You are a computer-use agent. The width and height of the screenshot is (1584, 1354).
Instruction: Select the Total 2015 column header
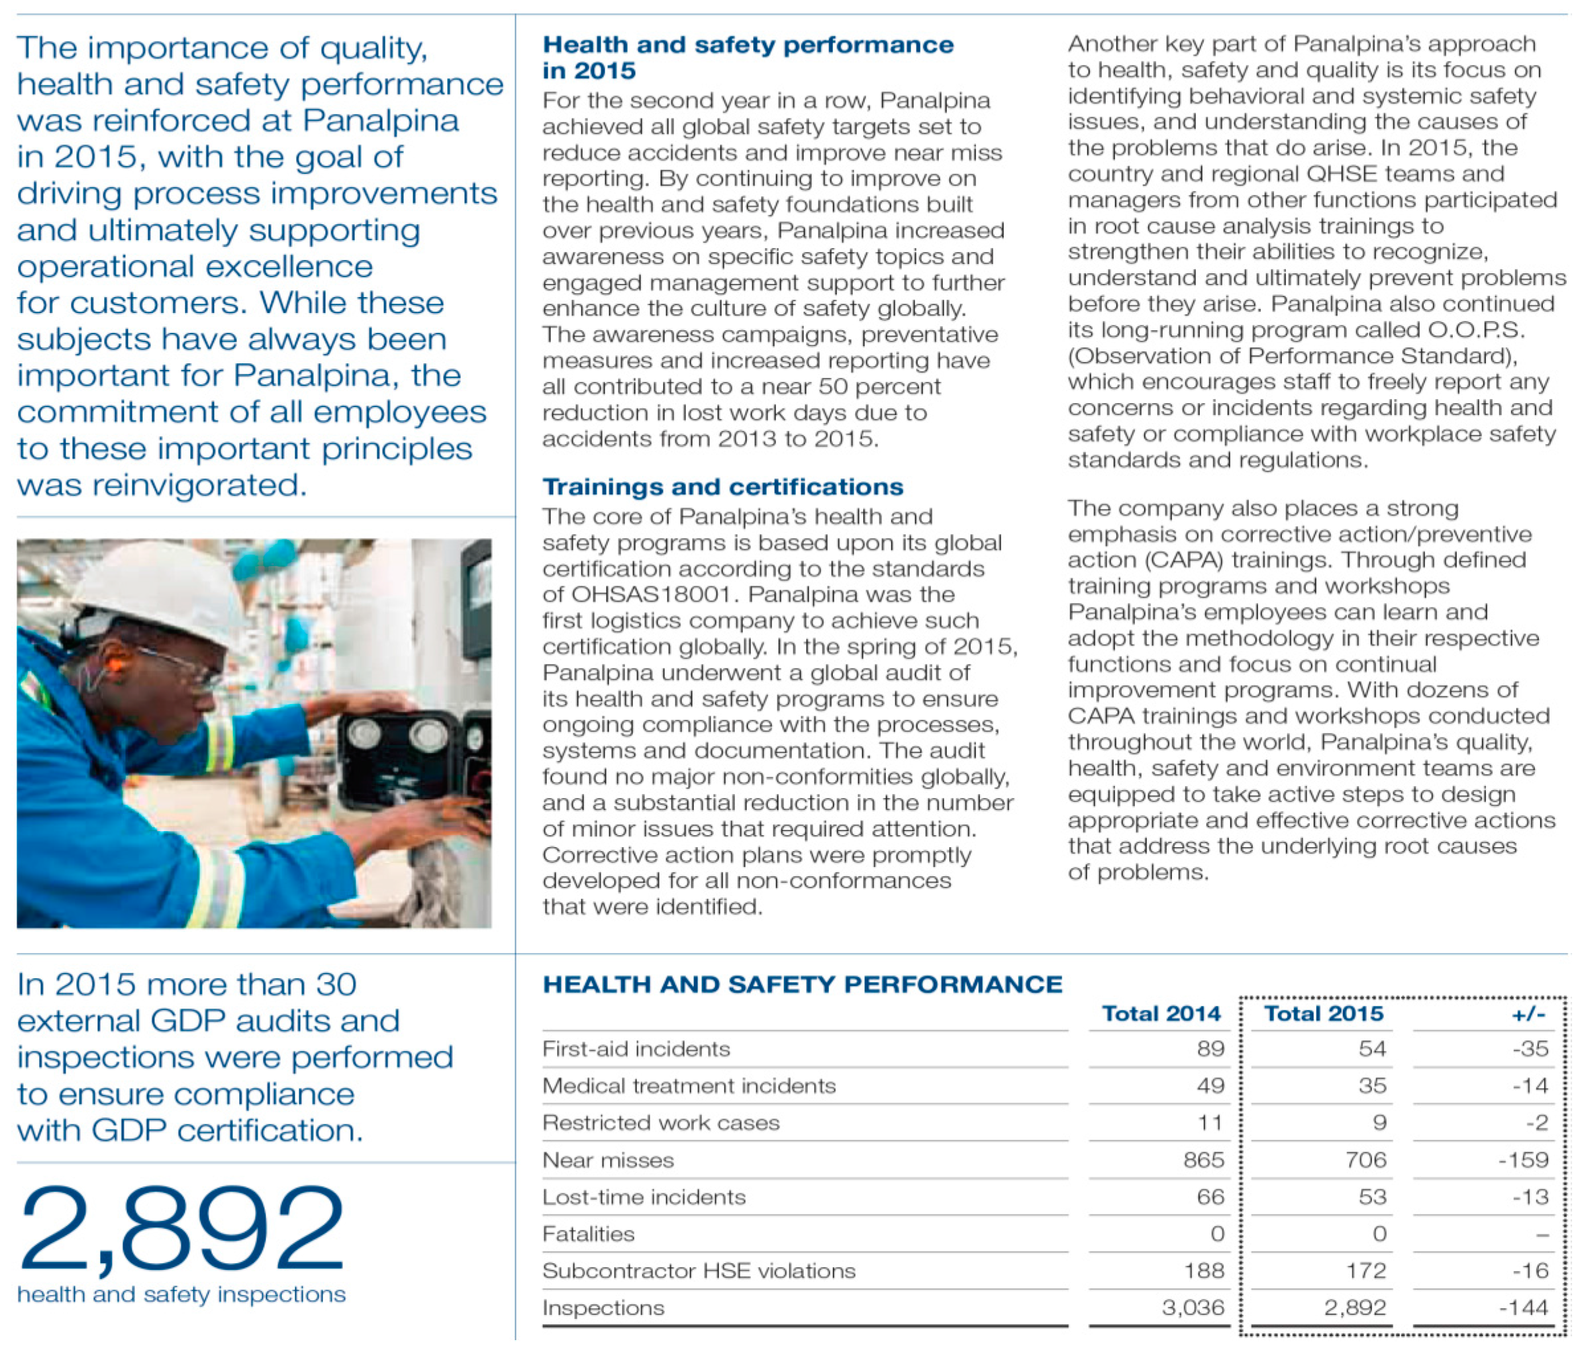point(1323,1014)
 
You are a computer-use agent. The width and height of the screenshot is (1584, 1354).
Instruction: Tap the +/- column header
point(1528,1014)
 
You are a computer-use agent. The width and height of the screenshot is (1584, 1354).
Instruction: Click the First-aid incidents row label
point(636,1049)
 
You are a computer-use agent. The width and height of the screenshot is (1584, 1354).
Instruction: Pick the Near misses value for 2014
point(1203,1160)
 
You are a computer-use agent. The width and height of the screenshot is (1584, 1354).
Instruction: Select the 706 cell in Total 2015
point(1365,1160)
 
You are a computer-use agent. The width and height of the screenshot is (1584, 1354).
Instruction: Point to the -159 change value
point(1523,1160)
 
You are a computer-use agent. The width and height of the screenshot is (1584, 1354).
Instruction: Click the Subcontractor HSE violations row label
point(699,1271)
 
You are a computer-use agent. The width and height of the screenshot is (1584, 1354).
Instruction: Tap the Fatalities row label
point(589,1234)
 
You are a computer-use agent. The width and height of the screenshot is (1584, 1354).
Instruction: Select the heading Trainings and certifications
point(722,486)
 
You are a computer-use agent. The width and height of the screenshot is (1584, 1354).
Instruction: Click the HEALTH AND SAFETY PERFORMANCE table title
point(802,984)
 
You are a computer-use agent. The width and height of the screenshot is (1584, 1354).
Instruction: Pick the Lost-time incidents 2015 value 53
point(1372,1196)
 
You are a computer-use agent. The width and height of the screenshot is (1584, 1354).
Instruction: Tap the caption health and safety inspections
point(181,1294)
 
